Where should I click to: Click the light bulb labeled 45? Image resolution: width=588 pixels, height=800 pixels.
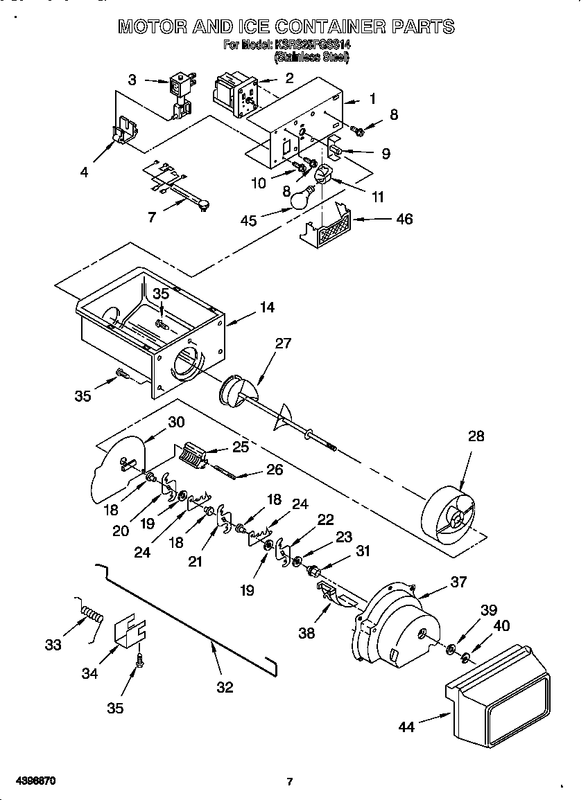299,199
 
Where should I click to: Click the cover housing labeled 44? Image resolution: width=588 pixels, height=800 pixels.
498,699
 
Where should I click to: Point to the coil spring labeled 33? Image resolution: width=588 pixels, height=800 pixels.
92,613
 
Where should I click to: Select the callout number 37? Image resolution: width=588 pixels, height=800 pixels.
458,582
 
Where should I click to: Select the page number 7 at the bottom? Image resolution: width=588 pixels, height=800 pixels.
290,782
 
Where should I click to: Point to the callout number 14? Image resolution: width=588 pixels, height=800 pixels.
266,307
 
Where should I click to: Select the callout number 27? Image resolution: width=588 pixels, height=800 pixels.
283,343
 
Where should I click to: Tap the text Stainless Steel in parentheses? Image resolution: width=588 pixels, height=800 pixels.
311,57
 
